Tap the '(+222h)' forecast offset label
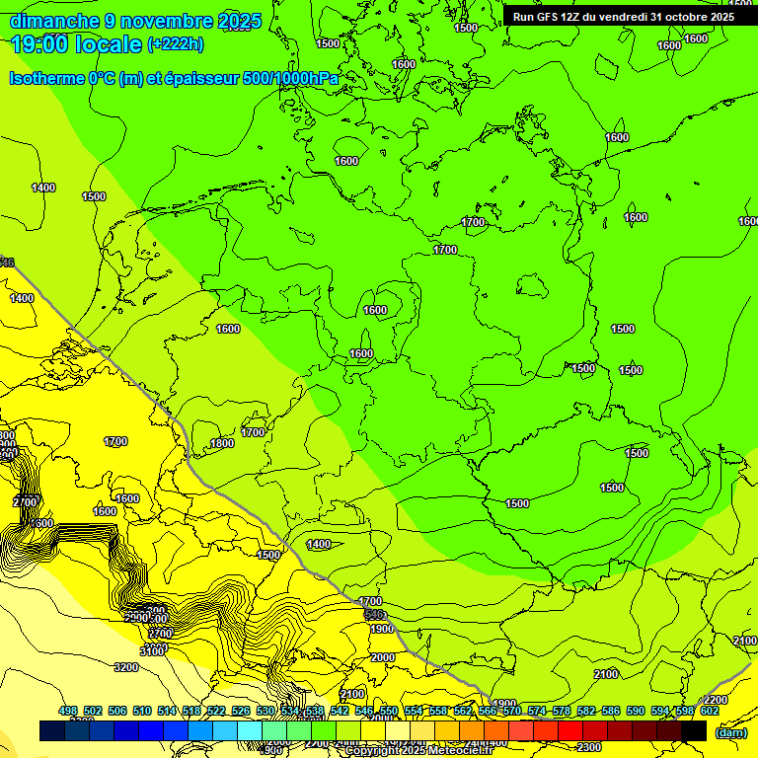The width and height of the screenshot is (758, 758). [175, 44]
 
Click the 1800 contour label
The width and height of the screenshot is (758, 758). [222, 444]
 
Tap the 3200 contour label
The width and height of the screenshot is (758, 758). [125, 667]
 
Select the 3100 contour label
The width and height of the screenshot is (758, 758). [152, 651]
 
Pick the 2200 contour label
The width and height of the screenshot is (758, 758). [716, 700]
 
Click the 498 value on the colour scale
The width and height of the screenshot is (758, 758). [68, 712]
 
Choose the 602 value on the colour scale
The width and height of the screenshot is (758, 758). [710, 712]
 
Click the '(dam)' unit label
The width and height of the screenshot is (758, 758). [731, 733]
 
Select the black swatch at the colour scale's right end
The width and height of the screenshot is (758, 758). [694, 730]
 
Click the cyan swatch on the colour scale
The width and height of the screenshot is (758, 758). [250, 730]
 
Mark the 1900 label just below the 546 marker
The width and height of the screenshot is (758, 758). [382, 629]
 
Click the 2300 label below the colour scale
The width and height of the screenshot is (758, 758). [589, 747]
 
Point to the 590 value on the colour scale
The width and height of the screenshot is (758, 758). [636, 712]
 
